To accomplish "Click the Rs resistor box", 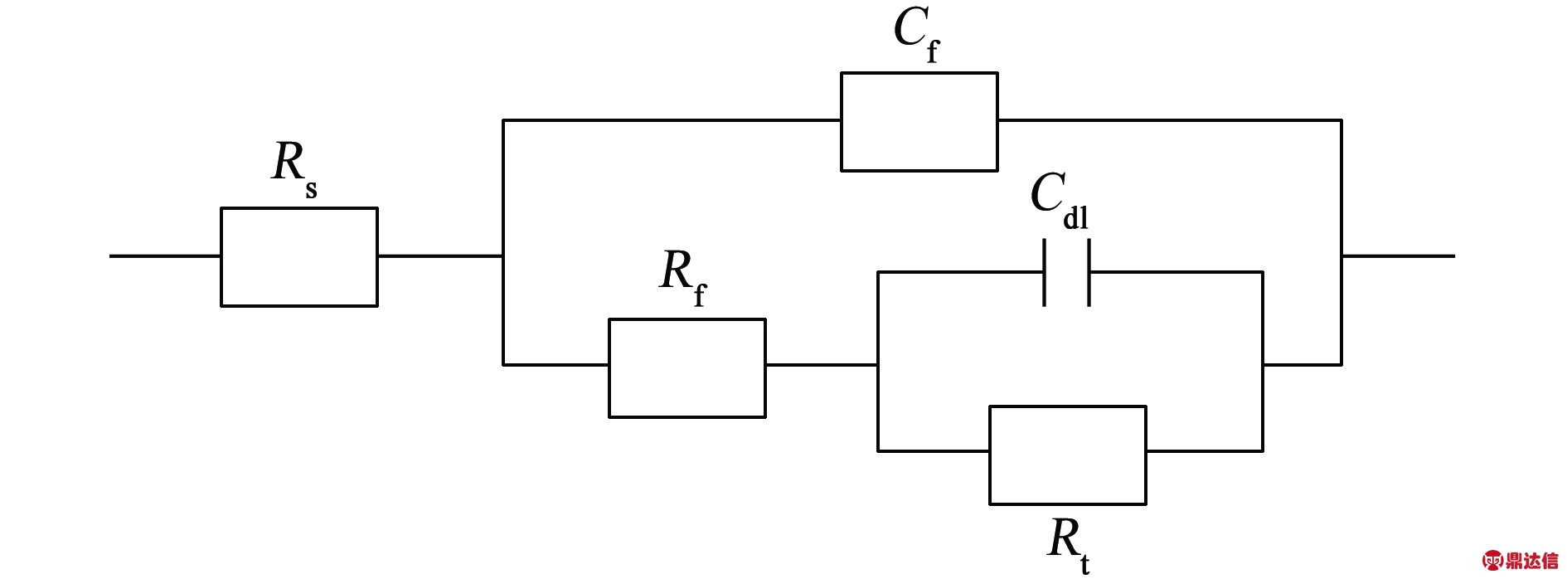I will [x=299, y=257].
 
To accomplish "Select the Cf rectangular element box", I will [x=919, y=122].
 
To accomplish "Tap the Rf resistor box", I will [x=686, y=368].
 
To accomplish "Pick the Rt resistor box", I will [x=1068, y=455].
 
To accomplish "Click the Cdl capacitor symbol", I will [x=1066, y=272].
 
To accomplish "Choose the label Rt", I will [x=1068, y=543].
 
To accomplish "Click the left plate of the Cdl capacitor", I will [x=1044, y=272].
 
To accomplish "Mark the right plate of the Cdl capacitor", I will [x=1089, y=272].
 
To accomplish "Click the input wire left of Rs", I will [x=165, y=256].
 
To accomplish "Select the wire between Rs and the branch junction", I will [x=439, y=256].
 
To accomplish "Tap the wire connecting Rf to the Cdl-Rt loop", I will [x=821, y=364].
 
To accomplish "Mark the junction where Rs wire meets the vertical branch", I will [x=503, y=256].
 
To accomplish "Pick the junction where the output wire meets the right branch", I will [x=1341, y=256].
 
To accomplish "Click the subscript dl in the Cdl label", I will [x=1075, y=218].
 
